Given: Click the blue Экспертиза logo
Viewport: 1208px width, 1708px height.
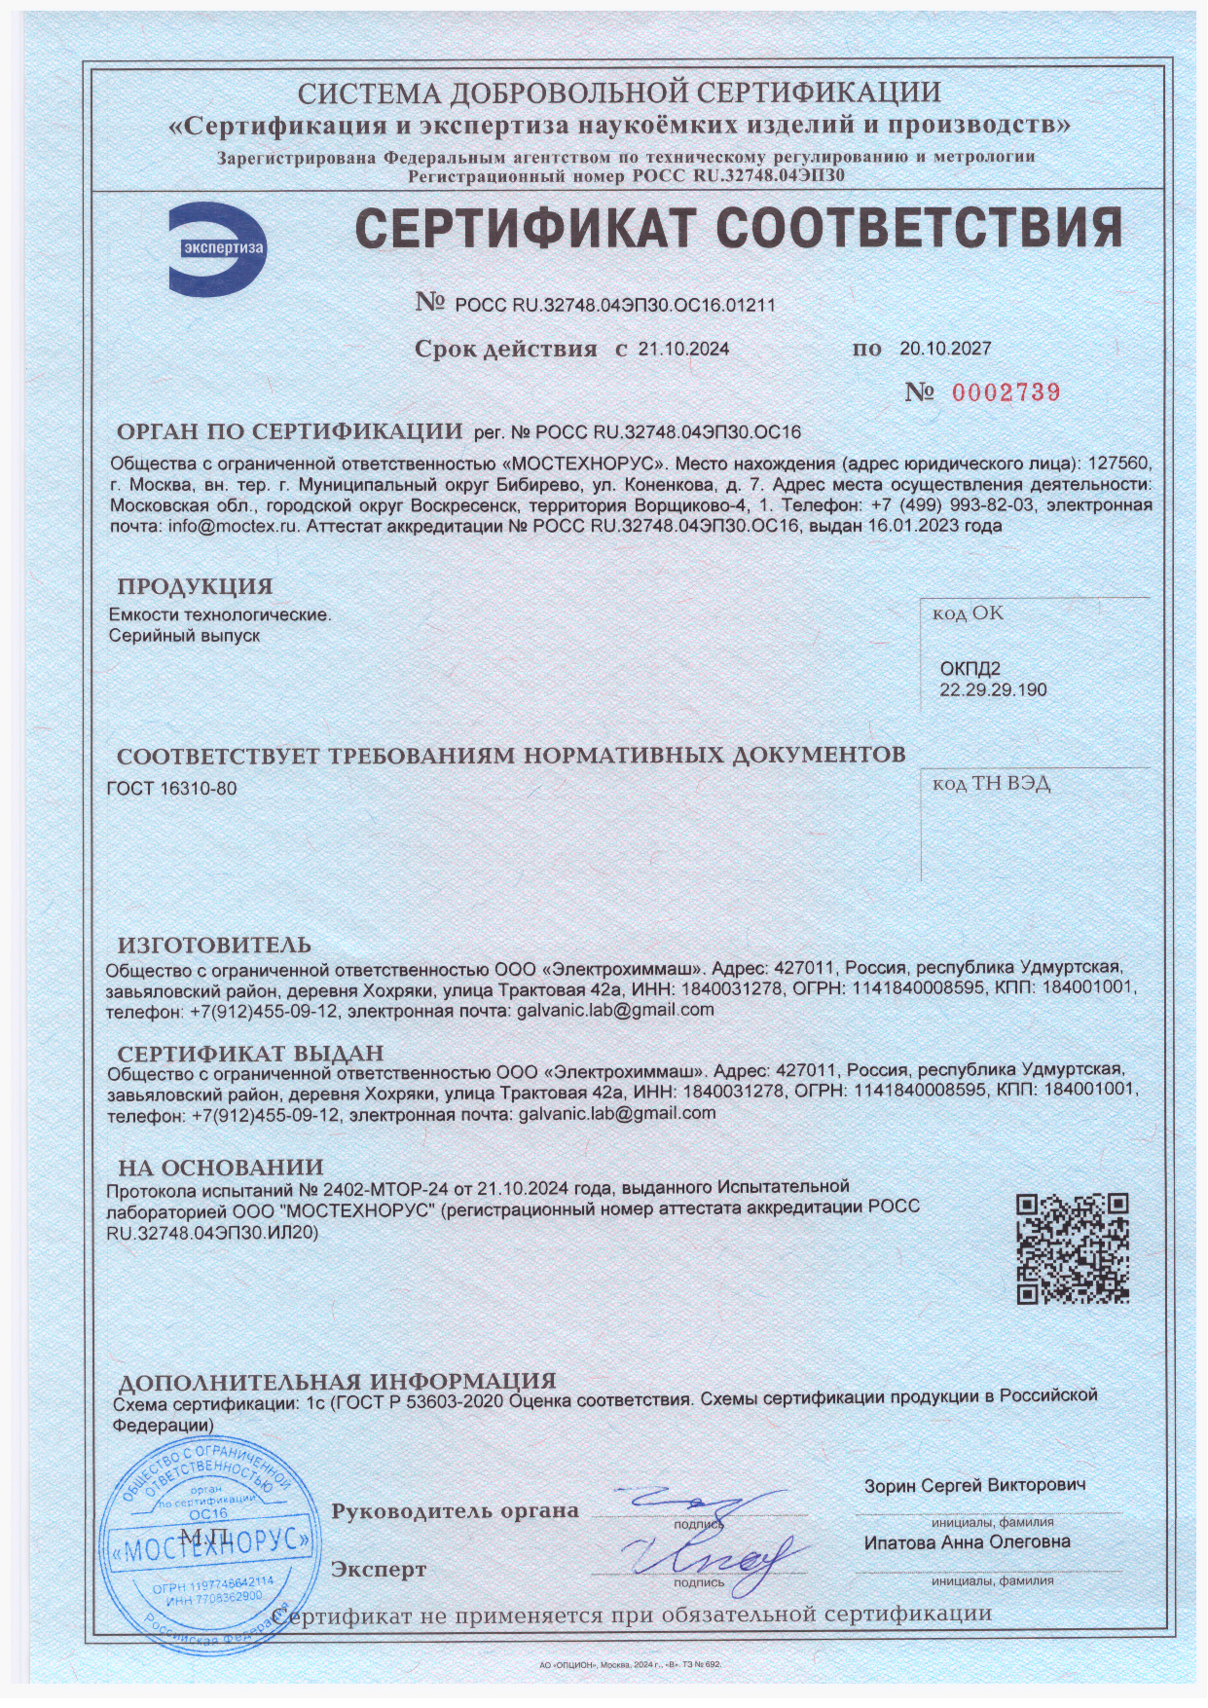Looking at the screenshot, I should tap(216, 248).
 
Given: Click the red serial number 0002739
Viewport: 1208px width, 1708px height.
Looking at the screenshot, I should tap(1006, 392).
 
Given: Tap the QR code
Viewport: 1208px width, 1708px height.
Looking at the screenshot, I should tap(1073, 1248).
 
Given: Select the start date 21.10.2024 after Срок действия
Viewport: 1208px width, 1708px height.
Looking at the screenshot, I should tap(683, 349).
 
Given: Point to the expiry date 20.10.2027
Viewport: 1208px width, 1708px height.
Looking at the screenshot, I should tap(945, 348).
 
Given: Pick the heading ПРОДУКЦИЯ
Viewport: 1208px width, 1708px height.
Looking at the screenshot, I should tap(195, 586).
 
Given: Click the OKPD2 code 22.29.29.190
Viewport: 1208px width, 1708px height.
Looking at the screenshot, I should tap(993, 689).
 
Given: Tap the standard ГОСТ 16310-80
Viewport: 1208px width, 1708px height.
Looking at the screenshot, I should tap(171, 788).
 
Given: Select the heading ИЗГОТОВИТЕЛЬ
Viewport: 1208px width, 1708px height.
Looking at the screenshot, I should tap(214, 945).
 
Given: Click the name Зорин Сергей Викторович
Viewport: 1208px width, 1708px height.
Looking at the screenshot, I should tap(974, 1485).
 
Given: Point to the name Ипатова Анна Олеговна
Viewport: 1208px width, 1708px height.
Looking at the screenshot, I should tap(967, 1542).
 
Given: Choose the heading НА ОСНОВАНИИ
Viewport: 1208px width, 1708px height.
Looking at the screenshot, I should tap(220, 1168).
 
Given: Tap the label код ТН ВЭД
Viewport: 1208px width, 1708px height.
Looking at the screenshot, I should tap(991, 784).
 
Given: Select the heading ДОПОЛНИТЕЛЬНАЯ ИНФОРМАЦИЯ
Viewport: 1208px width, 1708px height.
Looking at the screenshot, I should tap(336, 1381).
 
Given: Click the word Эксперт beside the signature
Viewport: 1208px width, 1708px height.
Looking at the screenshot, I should tap(379, 1570).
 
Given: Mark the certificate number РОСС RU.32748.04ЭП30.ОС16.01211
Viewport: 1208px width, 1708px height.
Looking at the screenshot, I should tap(615, 305).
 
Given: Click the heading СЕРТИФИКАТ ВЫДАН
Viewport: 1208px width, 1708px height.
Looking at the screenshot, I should tap(250, 1054).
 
